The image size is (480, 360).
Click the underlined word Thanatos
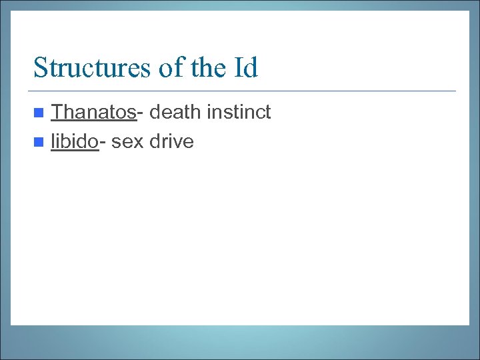[x=93, y=112]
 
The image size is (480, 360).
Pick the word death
[x=175, y=112]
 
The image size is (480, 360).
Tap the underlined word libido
[x=75, y=141]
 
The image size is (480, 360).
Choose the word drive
[x=171, y=141]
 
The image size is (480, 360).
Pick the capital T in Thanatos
[x=57, y=112]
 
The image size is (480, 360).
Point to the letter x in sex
[x=138, y=143]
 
